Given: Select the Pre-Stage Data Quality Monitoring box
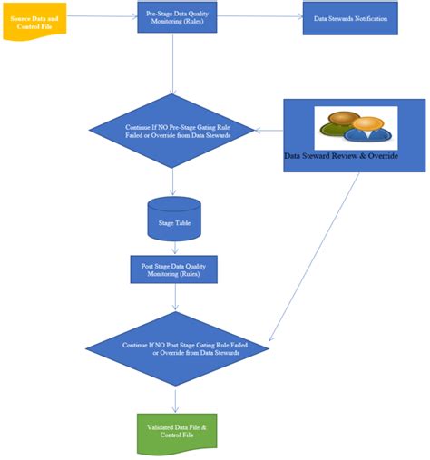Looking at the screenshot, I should tap(177, 17).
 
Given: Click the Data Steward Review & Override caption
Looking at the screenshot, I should tap(340, 155).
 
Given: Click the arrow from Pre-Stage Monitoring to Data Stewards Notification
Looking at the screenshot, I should tap(259, 16).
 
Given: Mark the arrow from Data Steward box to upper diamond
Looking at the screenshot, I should tap(269, 132).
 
